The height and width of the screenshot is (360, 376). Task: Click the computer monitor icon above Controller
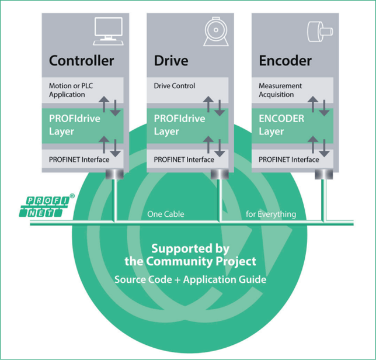[109, 31]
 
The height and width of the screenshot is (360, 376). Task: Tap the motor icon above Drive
[216, 32]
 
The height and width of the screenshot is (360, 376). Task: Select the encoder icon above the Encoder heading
[320, 32]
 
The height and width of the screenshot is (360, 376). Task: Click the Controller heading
[82, 60]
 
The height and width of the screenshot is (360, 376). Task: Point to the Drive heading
[171, 60]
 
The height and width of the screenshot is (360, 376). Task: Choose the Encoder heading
[286, 60]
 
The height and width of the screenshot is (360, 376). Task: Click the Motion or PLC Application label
[71, 90]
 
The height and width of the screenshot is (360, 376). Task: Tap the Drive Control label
[175, 86]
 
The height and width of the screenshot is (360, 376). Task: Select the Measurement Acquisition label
[280, 90]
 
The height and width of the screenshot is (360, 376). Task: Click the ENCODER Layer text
[281, 125]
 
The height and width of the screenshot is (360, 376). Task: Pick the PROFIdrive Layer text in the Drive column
[179, 125]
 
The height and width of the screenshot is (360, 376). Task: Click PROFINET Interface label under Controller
[79, 160]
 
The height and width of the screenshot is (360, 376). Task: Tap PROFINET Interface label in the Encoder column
[288, 160]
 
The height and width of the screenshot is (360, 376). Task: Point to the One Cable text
[166, 214]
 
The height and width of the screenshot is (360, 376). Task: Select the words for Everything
[271, 214]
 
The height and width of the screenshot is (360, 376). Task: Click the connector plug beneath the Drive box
[220, 174]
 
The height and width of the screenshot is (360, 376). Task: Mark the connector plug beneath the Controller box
[114, 174]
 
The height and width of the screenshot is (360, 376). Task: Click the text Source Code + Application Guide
[190, 279]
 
